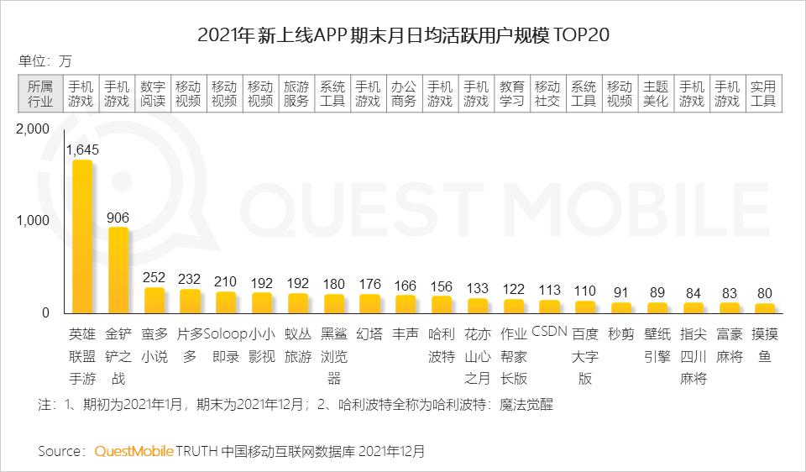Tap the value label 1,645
click(x=82, y=149)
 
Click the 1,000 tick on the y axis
click(x=34, y=220)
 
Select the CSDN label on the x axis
click(x=550, y=332)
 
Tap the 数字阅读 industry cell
click(x=153, y=93)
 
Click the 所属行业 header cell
click(x=40, y=93)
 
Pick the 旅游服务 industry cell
click(x=296, y=93)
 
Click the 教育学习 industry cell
click(x=512, y=93)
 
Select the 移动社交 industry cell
click(x=547, y=93)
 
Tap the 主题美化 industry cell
click(x=656, y=93)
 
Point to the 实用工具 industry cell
click(x=763, y=93)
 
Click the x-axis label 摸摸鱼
click(x=765, y=344)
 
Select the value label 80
click(x=765, y=294)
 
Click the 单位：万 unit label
click(x=45, y=60)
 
